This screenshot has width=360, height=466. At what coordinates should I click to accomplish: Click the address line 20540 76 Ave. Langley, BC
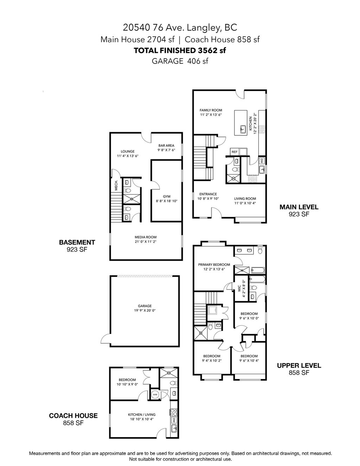[x=180, y=27]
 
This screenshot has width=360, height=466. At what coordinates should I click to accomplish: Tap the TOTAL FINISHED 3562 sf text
[x=180, y=50]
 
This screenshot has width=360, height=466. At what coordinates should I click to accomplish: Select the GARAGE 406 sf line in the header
[x=180, y=61]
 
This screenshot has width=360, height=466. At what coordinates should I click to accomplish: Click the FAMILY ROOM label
[x=211, y=110]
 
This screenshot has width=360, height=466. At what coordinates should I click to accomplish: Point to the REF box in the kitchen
[x=234, y=152]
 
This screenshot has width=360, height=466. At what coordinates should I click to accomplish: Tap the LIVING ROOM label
[x=245, y=198]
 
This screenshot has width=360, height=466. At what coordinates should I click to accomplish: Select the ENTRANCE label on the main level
[x=208, y=194]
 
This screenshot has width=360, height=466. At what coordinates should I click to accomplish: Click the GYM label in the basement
[x=166, y=196]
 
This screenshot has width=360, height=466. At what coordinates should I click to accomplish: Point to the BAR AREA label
[x=166, y=145]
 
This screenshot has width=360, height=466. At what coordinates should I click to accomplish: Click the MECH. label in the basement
[x=116, y=186]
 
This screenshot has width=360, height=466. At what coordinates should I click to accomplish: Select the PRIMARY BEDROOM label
[x=214, y=264]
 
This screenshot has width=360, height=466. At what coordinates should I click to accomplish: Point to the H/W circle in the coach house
[x=155, y=395]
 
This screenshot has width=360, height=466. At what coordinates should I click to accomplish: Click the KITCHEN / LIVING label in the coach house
[x=141, y=415]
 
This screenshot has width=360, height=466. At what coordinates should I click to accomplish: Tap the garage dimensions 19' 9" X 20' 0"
[x=144, y=311]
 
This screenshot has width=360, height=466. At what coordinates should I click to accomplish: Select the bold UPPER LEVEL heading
[x=299, y=366]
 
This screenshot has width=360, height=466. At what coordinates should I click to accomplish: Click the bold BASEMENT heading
[x=77, y=242]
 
